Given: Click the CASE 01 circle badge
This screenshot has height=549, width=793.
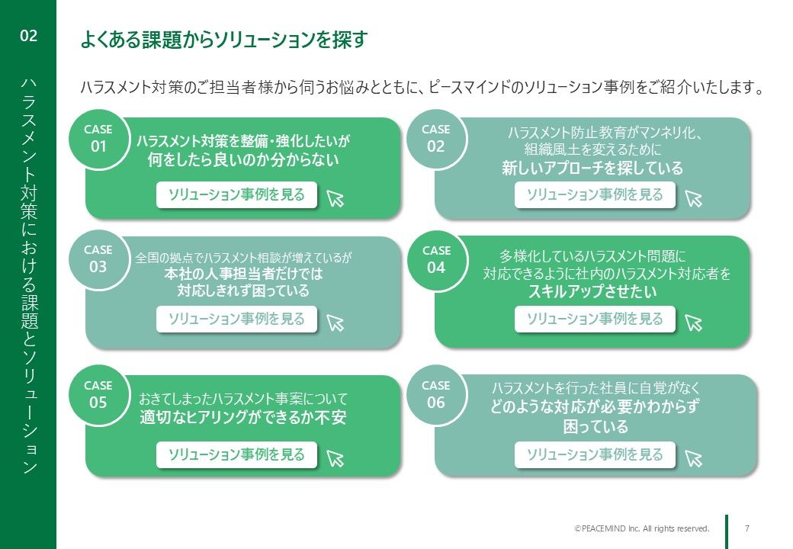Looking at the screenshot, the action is [98, 139].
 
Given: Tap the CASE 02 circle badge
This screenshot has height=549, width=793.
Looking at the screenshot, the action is [436, 139].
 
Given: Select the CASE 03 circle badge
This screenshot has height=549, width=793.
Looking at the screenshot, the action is [98, 259].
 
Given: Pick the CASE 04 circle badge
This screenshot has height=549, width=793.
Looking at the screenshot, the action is [436, 260].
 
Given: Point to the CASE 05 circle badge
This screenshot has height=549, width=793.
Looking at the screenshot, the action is [98, 395].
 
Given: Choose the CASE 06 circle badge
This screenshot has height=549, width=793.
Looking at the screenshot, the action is [436, 395].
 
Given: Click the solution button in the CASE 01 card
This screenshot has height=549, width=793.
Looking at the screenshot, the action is [236, 194].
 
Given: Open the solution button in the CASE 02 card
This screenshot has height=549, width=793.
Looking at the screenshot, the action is [595, 194].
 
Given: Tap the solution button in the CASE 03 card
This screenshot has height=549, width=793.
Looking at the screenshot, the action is [236, 319].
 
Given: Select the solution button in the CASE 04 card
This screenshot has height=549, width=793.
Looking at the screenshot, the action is [595, 319].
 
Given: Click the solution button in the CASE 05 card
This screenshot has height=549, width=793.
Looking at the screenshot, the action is [236, 454].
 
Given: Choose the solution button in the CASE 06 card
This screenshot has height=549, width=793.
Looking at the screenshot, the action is [595, 454].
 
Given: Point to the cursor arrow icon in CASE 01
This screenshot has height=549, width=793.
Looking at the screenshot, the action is [335, 198].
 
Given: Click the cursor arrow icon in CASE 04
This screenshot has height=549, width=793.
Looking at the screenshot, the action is [693, 323].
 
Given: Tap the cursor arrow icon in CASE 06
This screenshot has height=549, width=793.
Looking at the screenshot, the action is [693, 458].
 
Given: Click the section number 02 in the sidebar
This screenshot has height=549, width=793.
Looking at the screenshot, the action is [28, 35].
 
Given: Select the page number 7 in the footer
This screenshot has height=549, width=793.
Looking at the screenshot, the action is [747, 528].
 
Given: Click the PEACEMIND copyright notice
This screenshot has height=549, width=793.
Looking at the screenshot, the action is [642, 528].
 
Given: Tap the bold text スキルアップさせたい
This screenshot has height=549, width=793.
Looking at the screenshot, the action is [592, 292].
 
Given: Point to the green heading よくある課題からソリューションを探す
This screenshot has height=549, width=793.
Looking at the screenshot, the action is [224, 40].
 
